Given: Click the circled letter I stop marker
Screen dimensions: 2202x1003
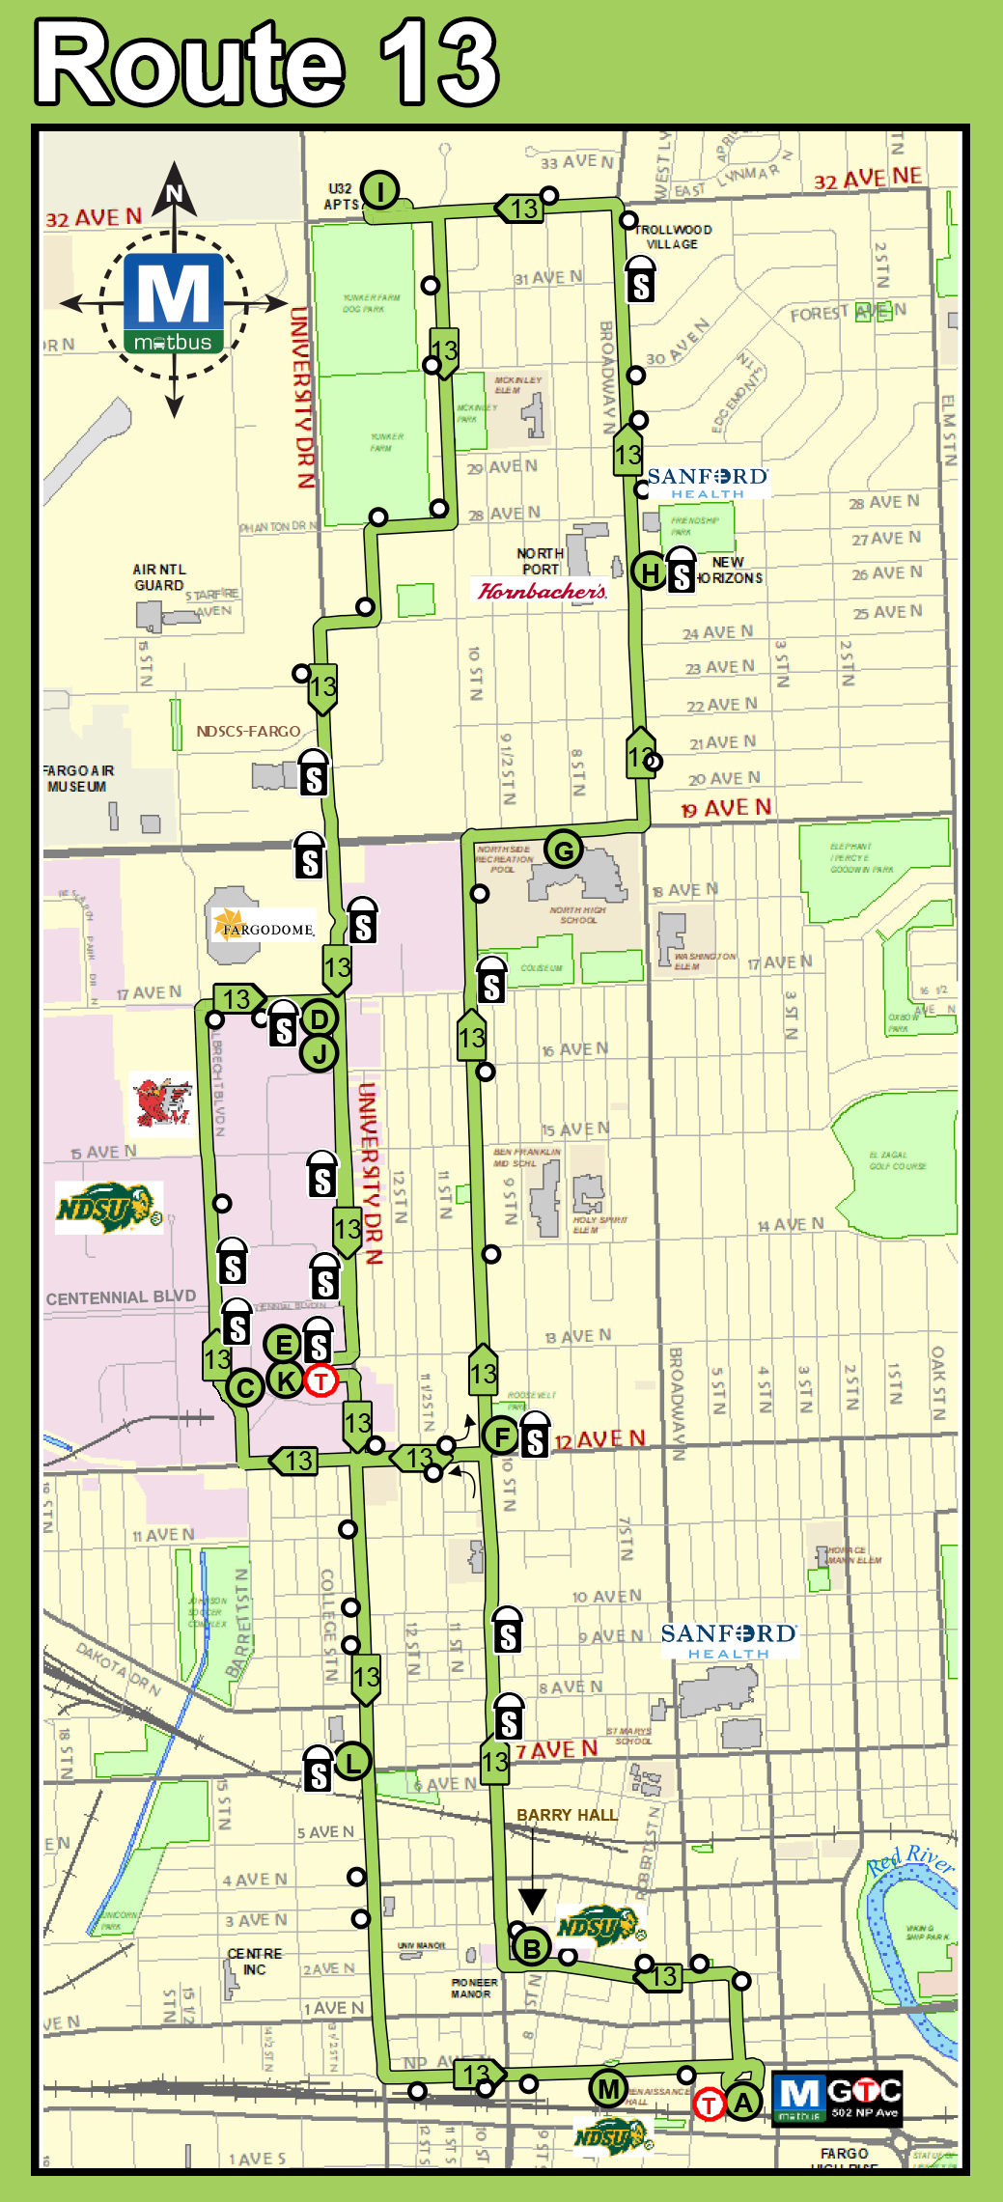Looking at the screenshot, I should click(x=381, y=190).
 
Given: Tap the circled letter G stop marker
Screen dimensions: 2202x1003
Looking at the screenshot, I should click(x=564, y=850).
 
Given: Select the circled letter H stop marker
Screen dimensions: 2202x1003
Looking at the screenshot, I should click(x=650, y=572).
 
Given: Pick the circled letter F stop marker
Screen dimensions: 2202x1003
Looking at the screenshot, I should click(x=502, y=1436).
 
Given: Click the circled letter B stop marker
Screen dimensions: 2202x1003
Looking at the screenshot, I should click(x=531, y=1948).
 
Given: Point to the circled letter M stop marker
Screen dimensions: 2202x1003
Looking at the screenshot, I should click(x=608, y=2089).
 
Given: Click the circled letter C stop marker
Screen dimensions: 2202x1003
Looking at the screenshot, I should click(x=245, y=1388).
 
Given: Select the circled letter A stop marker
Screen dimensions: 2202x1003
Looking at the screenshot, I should click(x=742, y=2102).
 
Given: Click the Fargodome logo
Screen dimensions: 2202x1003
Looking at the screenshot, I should click(x=264, y=928).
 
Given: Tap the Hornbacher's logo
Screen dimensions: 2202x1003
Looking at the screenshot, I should click(x=543, y=591).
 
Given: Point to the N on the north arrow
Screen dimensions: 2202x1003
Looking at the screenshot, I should click(x=175, y=193).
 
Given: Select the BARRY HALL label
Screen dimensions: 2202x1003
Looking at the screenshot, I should click(x=567, y=1815).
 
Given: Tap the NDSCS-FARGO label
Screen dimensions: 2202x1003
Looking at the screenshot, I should click(x=248, y=731).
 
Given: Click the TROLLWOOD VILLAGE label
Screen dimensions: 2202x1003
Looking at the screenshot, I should click(x=673, y=237).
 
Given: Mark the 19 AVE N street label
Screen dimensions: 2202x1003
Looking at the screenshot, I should click(x=726, y=808).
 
